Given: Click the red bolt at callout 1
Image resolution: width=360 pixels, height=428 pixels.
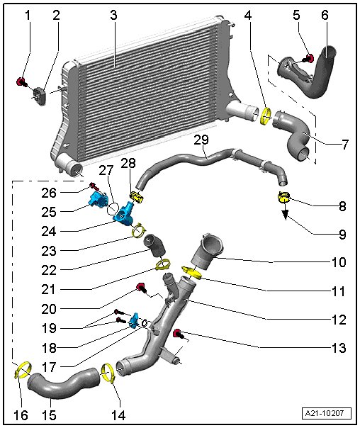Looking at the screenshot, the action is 21,81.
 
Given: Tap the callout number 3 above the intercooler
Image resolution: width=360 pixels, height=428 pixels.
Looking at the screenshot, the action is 113,16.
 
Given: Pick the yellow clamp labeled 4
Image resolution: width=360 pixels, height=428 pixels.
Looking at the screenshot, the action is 266,116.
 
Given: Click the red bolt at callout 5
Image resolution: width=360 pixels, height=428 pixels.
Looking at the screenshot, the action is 309,58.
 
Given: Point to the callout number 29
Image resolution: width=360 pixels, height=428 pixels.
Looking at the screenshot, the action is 201,140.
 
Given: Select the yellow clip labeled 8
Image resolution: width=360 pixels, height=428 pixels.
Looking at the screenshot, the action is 283,197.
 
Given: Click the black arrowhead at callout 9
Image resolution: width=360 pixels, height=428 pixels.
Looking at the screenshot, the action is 285,215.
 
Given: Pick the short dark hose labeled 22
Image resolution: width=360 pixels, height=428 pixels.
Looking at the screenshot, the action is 154,245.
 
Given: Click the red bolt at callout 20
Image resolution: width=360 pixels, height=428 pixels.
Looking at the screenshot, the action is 141,288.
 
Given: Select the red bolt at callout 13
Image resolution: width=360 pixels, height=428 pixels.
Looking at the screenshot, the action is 178,334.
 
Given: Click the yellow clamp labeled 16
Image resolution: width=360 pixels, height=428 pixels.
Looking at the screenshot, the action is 23,370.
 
